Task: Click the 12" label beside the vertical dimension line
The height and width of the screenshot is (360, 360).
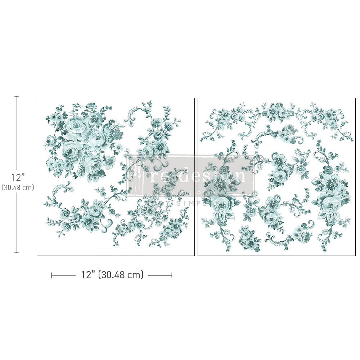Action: point(17,177)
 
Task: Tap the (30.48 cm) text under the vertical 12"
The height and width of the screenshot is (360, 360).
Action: point(17,187)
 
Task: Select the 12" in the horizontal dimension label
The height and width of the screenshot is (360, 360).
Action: point(87,275)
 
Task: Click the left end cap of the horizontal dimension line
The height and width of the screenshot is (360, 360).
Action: point(52,275)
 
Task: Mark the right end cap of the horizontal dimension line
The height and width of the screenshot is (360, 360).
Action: point(172,275)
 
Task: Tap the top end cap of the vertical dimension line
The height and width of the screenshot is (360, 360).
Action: point(16,97)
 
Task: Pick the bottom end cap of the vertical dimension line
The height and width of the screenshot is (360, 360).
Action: point(16,252)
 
